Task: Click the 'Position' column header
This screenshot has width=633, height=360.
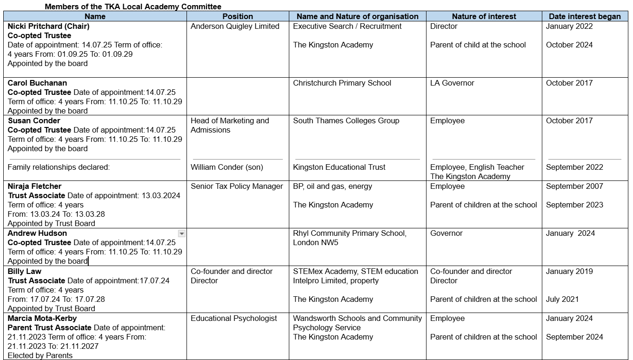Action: click(238, 16)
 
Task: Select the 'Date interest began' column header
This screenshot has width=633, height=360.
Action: click(585, 16)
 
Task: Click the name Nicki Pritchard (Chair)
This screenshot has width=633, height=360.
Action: click(48, 26)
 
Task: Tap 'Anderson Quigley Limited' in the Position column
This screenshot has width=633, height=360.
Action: click(235, 26)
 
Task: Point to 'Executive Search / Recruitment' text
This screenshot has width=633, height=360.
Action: click(347, 26)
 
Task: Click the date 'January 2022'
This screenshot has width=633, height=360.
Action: click(569, 26)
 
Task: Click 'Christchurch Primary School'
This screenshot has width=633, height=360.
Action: click(342, 83)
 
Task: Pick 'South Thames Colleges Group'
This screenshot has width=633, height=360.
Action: click(346, 120)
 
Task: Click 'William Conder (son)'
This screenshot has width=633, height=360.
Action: click(227, 167)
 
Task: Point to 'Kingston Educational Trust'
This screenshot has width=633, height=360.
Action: click(339, 167)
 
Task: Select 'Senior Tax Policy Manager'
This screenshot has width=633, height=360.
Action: click(237, 186)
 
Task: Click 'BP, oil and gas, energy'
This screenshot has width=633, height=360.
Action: click(333, 186)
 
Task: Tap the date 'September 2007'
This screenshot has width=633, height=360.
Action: click(574, 186)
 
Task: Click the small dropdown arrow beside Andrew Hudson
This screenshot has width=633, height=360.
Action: click(182, 233)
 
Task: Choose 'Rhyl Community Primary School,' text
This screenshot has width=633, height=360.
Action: click(349, 233)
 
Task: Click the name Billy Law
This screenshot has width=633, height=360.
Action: click(24, 271)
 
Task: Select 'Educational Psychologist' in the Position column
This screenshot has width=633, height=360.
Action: click(233, 318)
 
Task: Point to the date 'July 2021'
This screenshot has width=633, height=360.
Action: click(562, 299)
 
